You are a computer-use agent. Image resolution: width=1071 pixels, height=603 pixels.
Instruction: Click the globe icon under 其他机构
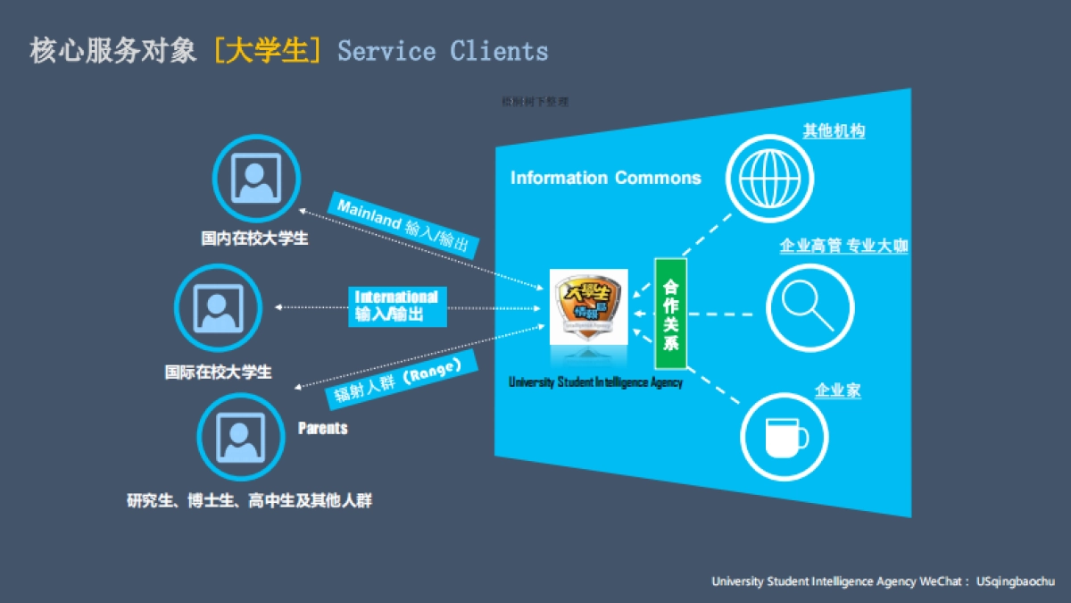(x=770, y=177)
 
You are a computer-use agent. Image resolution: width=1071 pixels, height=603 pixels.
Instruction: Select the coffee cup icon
(x=785, y=438)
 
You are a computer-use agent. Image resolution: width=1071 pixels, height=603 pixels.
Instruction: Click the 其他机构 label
(x=834, y=131)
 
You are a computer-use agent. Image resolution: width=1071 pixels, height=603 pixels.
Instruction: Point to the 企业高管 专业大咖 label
(x=843, y=246)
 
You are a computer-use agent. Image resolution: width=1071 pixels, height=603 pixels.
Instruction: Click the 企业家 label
(x=837, y=390)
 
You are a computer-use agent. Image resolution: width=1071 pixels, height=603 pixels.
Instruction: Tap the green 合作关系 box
(x=671, y=314)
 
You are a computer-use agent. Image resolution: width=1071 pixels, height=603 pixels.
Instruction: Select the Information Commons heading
(x=605, y=178)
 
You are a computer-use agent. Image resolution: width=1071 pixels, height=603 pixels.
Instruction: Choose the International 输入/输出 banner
(x=396, y=306)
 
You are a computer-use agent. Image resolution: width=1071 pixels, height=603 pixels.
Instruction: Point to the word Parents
(x=322, y=429)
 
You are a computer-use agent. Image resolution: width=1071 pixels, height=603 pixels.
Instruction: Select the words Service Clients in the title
(x=443, y=50)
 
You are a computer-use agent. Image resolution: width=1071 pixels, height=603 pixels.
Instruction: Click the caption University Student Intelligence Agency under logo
(x=595, y=382)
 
